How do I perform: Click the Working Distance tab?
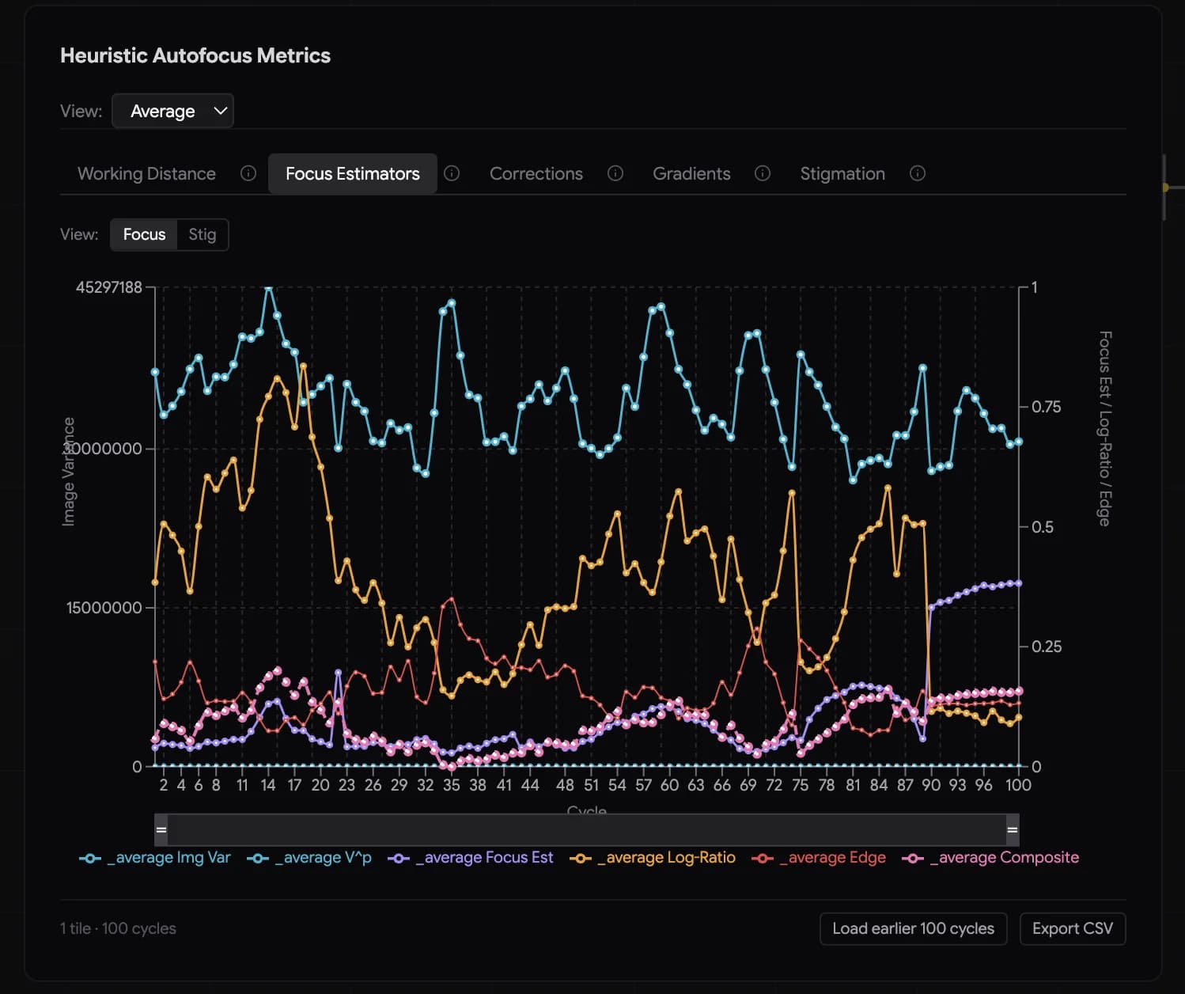pyautogui.click(x=146, y=174)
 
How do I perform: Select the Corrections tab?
pyautogui.click(x=536, y=174)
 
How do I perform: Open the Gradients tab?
pyautogui.click(x=691, y=174)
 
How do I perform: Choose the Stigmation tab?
pyautogui.click(x=842, y=174)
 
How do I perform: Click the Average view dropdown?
pyautogui.click(x=172, y=111)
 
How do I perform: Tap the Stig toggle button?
pyautogui.click(x=202, y=235)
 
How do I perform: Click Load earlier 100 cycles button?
pyautogui.click(x=913, y=928)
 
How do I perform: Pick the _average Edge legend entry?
pyautogui.click(x=819, y=858)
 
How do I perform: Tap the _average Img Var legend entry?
pyautogui.click(x=155, y=858)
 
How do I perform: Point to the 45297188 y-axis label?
pyautogui.click(x=109, y=287)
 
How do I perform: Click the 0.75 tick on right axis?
pyautogui.click(x=1046, y=407)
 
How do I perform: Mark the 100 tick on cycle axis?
pyautogui.click(x=1017, y=785)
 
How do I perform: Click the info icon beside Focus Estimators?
pyautogui.click(x=452, y=173)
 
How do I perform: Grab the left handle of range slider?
pyautogui.click(x=161, y=830)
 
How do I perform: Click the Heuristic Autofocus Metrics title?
pyautogui.click(x=195, y=55)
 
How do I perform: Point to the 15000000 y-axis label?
pyautogui.click(x=104, y=608)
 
